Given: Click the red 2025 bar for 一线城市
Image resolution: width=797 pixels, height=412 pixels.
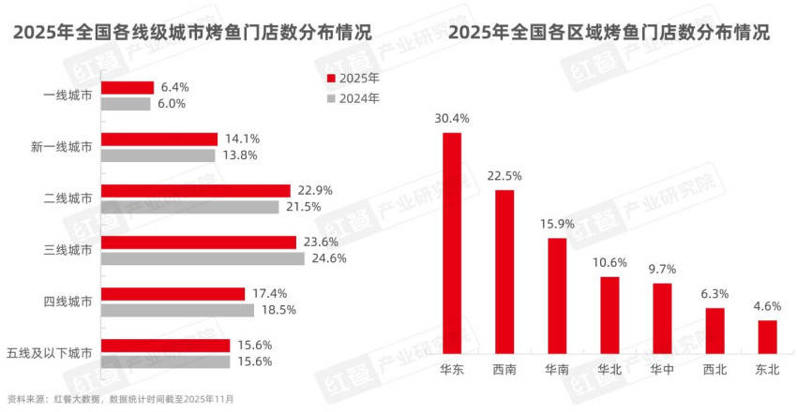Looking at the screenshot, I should pyautogui.click(x=127, y=87).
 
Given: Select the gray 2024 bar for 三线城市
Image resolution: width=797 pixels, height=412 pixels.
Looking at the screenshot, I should pyautogui.click(x=202, y=258).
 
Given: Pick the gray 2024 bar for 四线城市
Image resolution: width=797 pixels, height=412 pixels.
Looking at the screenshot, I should pyautogui.click(x=177, y=310).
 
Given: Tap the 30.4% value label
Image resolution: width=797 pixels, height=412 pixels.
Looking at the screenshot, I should pyautogui.click(x=452, y=119).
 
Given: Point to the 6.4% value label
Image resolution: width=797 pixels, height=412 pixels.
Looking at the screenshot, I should pyautogui.click(x=174, y=87).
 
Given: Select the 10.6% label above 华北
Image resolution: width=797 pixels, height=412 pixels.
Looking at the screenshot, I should pyautogui.click(x=609, y=262).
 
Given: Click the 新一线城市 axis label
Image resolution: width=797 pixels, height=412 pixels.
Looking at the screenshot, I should pyautogui.click(x=61, y=147).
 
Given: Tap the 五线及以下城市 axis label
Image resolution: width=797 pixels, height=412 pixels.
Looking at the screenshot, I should pyautogui.click(x=49, y=353).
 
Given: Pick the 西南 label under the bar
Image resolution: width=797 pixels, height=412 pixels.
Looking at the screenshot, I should pyautogui.click(x=504, y=370).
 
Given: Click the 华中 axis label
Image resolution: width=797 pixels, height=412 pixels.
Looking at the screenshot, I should pyautogui.click(x=662, y=370).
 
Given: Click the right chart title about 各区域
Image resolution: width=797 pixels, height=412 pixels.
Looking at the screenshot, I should pyautogui.click(x=610, y=32).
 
